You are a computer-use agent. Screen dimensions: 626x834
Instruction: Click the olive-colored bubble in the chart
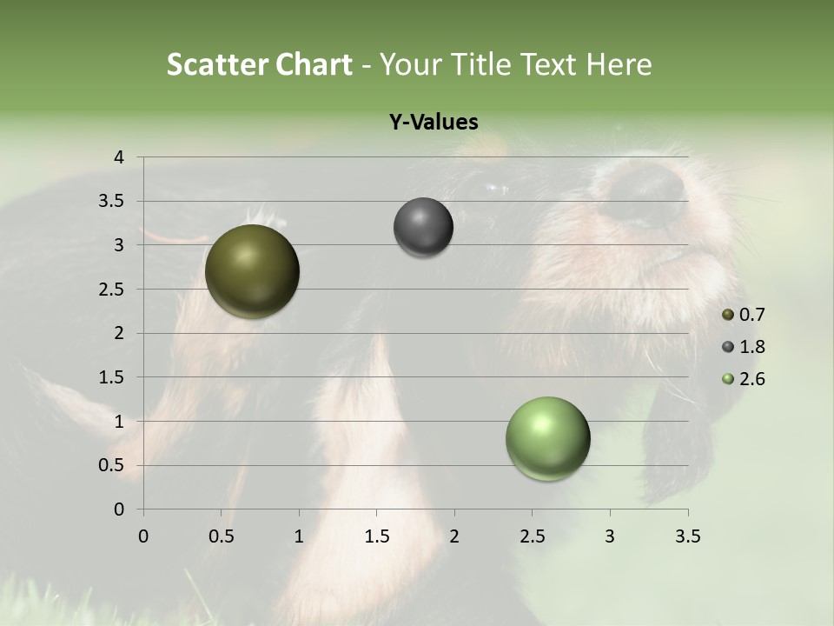(252, 271)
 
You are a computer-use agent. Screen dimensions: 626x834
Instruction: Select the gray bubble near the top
(423, 228)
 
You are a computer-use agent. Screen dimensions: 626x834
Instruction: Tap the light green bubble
(547, 438)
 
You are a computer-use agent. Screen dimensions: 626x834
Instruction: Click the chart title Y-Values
(434, 123)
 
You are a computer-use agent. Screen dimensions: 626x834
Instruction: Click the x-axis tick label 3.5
(687, 536)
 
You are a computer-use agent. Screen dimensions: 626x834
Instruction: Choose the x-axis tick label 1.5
(376, 536)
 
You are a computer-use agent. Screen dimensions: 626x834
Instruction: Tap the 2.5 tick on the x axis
(532, 536)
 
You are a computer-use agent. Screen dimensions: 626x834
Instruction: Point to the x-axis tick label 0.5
(221, 536)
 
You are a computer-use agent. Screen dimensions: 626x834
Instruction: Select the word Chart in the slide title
(314, 64)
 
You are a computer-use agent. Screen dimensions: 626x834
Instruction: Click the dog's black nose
(643, 191)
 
